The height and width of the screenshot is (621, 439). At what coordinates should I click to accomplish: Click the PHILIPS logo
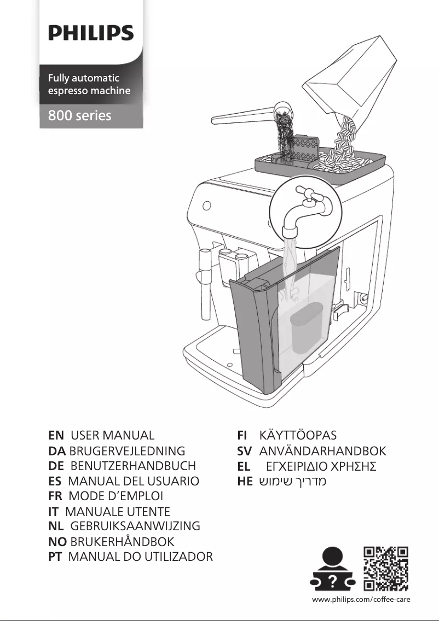[91, 33]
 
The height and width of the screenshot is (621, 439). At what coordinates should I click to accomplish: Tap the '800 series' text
[79, 116]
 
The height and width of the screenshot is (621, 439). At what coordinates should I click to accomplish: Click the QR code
[386, 569]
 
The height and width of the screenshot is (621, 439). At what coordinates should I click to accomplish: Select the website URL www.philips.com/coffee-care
[361, 600]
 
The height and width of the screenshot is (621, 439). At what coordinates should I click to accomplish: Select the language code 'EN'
[56, 436]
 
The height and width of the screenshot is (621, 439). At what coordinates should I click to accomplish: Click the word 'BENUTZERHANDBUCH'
[133, 466]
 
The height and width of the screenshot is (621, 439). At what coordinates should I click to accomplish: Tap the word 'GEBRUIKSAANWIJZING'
[135, 526]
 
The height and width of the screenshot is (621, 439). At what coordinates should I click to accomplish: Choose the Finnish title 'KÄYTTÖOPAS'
[298, 436]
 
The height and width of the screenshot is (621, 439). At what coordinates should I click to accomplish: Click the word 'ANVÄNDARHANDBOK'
[322, 452]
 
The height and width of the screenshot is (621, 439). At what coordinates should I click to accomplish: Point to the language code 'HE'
[244, 482]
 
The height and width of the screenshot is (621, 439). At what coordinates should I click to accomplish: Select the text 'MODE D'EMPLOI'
[115, 496]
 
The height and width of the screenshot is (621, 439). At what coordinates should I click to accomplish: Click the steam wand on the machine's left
[205, 284]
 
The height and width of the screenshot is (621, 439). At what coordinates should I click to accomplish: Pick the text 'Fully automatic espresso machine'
[89, 85]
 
